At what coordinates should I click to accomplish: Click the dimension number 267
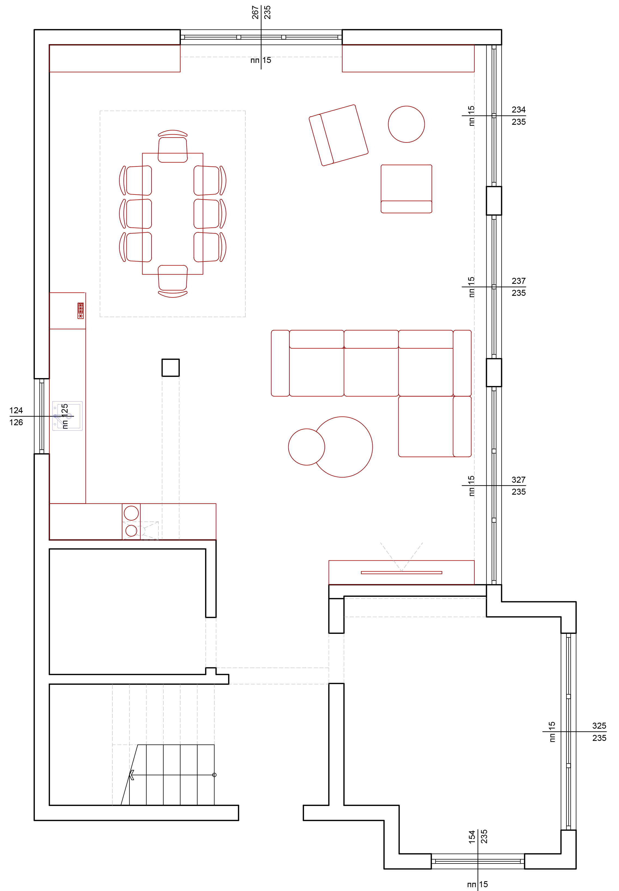pos(255,13)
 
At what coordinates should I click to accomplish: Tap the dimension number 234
pos(518,110)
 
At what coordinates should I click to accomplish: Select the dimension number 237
pos(518,281)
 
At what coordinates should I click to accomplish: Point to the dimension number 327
pos(518,480)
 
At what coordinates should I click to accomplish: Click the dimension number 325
pos(599,726)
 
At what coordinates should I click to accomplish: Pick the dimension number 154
pos(472,837)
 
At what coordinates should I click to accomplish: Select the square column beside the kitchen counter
pos(171,367)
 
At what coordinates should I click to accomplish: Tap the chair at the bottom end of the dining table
pos(172,281)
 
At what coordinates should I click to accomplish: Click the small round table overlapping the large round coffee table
pos(307,447)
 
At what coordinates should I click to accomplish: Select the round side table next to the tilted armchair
pos(406,124)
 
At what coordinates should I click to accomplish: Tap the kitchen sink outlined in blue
pos(68,416)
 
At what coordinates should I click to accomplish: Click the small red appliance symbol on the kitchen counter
pos(81,311)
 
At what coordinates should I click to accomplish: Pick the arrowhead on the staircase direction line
pos(132,775)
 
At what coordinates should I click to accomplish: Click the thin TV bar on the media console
pos(401,573)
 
